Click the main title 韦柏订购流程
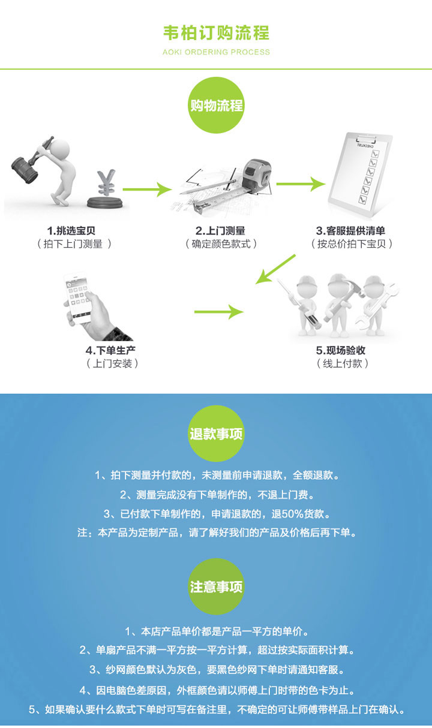tap(216, 32)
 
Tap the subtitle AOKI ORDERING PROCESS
tap(216, 52)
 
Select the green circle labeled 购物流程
tap(216, 106)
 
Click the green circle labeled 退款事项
tap(216, 434)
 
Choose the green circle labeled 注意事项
tap(216, 586)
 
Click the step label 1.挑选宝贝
tap(71, 230)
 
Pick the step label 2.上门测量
tap(220, 230)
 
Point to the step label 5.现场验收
tap(341, 350)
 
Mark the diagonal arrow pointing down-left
tap(276, 269)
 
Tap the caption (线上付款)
tap(341, 363)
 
